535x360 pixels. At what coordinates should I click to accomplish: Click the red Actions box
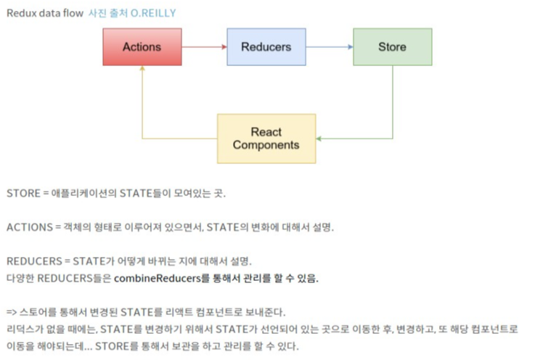[x=142, y=47]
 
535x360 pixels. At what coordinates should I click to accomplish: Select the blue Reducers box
[x=266, y=47]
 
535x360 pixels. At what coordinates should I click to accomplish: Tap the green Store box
[x=392, y=47]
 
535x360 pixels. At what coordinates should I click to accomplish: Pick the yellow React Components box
[x=266, y=138]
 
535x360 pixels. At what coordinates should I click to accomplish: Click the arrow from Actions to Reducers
[x=204, y=47]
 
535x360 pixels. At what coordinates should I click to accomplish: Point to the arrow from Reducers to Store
[x=330, y=47]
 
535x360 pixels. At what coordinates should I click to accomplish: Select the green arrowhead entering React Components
[x=321, y=138]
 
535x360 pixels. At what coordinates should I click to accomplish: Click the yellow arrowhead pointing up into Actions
[x=142, y=69]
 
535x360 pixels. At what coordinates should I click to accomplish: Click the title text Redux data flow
[x=43, y=13]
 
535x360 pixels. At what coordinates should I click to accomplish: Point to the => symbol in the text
[x=12, y=312]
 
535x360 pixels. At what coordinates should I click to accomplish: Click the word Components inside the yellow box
[x=266, y=145]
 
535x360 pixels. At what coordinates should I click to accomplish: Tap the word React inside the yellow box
[x=266, y=132]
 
